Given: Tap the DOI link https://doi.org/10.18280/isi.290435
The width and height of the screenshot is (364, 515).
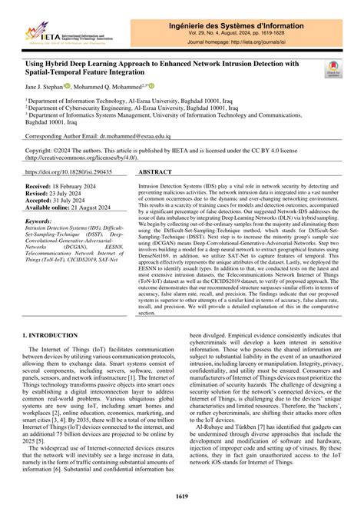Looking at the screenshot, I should pyautogui.click(x=69, y=173).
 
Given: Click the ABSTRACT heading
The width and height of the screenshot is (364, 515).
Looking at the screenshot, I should pyautogui.click(x=159, y=173).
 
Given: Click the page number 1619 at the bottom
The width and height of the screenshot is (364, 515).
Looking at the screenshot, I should pyautogui.click(x=182, y=497).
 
